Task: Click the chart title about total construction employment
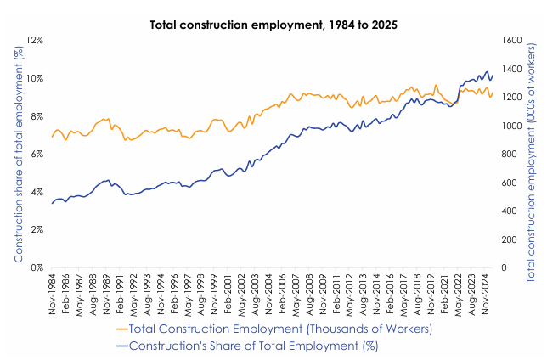coord(273,25)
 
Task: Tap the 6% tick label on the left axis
coord(35,154)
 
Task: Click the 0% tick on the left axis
coord(35,267)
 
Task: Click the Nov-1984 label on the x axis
coord(54,293)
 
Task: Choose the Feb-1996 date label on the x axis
coord(175,293)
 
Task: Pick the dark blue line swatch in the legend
coord(121,345)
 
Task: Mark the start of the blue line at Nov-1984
coord(53,203)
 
